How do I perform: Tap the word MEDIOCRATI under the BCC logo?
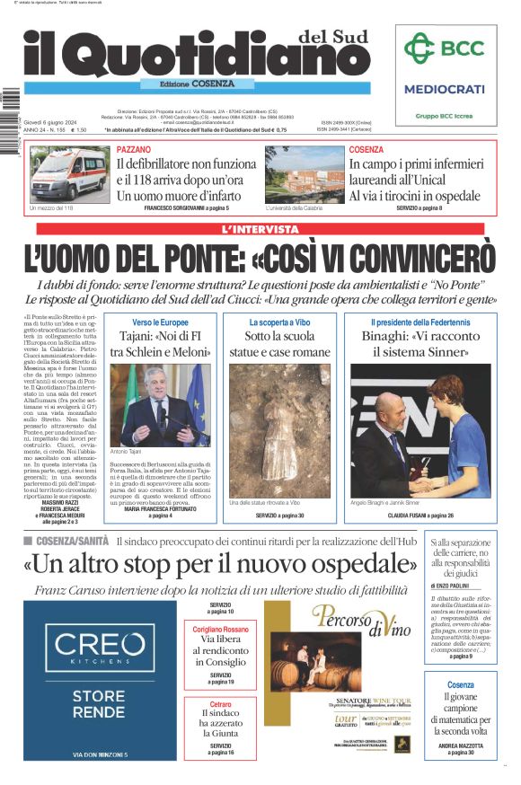pyautogui.click(x=444, y=89)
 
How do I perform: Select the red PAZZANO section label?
pyautogui.click(x=134, y=149)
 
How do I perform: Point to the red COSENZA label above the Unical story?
pyautogui.click(x=366, y=149)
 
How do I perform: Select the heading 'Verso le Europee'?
pyautogui.click(x=160, y=322)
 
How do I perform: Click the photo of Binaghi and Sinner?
pyautogui.click(x=420, y=429)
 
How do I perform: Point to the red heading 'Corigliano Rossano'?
pyautogui.click(x=221, y=630)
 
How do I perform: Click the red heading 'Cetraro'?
pyautogui.click(x=221, y=704)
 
